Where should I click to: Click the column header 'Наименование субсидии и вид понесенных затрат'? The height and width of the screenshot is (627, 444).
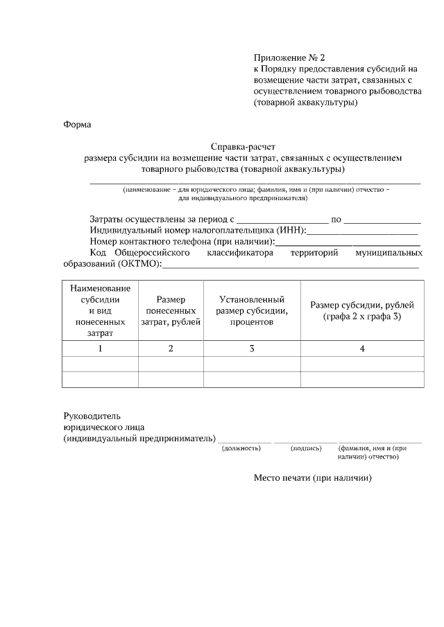(x=100, y=310)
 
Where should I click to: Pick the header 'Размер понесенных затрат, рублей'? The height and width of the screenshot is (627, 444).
(x=171, y=310)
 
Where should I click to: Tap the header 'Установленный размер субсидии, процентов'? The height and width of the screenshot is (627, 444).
(x=252, y=310)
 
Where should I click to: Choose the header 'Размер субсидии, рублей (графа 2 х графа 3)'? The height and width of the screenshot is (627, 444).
(x=362, y=310)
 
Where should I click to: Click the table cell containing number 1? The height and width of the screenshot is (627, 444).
(x=100, y=348)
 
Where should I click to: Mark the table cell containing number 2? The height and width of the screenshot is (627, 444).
(x=171, y=348)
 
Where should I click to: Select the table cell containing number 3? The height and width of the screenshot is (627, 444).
(x=252, y=348)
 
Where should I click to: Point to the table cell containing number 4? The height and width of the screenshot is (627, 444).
(x=362, y=348)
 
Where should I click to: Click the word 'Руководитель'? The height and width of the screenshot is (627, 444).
(x=92, y=416)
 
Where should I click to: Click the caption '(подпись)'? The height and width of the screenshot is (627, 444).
(x=306, y=448)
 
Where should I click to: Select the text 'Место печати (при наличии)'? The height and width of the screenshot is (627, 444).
(x=313, y=477)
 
